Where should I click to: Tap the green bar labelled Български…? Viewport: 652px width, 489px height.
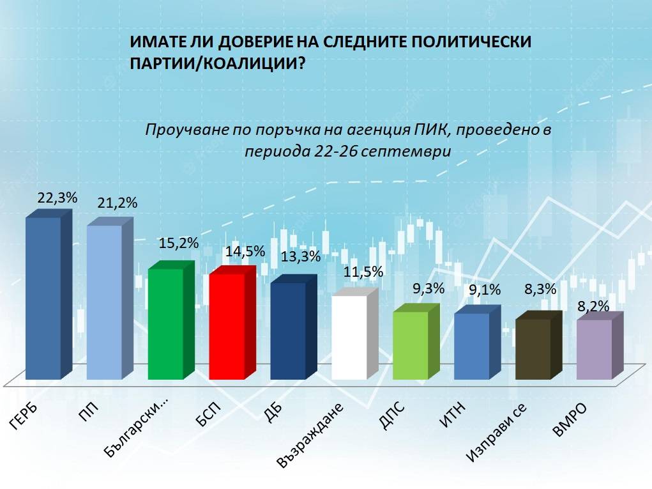pos(165,323)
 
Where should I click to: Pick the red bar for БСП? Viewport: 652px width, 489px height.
pos(227,326)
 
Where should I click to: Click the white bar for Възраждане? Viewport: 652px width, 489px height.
pos(349,337)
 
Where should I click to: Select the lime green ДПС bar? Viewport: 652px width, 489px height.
pos(410,345)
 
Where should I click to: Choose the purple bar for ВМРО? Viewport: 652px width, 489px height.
pos(594,349)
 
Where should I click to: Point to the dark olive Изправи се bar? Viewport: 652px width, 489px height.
pos(533,349)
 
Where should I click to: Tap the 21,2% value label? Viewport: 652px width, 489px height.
pos(118,204)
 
